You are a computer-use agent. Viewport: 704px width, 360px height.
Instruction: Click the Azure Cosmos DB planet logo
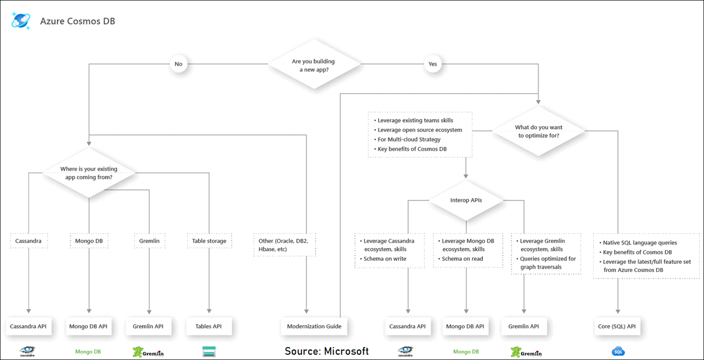[x=21, y=20]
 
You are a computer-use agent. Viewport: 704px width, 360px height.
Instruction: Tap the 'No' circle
[x=178, y=64]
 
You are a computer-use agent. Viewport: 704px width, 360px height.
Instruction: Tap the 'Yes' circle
[x=433, y=64]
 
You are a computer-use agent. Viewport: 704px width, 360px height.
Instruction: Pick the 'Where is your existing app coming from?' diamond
[x=89, y=172]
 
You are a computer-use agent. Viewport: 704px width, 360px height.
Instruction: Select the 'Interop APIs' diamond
[x=466, y=201]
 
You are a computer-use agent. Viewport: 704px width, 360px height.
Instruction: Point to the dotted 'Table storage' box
[x=209, y=240]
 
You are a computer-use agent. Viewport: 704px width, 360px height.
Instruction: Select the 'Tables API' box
[x=209, y=326]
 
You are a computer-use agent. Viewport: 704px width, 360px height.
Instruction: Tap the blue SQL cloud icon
[x=618, y=351]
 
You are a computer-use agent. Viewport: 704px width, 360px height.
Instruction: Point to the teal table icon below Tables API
[x=209, y=352]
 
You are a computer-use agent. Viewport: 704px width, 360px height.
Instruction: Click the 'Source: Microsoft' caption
[x=327, y=351]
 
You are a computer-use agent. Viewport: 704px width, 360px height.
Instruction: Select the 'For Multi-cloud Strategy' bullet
[x=409, y=140]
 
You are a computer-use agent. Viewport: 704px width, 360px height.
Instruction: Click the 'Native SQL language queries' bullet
[x=639, y=242]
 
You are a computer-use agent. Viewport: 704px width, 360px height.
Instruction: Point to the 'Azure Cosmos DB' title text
[x=77, y=21]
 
